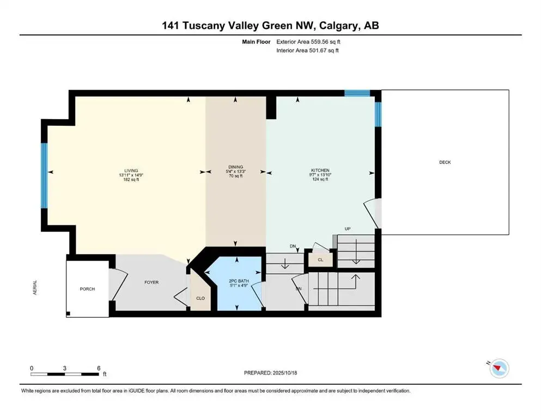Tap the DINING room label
pyautogui.click(x=235, y=167)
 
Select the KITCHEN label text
pyautogui.click(x=320, y=170)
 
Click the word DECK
pyautogui.click(x=445, y=162)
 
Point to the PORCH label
pyautogui.click(x=87, y=289)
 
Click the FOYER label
pyautogui.click(x=151, y=282)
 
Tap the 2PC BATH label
pyautogui.click(x=239, y=280)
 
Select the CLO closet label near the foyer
pyautogui.click(x=200, y=299)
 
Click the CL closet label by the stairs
pyautogui.click(x=320, y=260)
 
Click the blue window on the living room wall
pyautogui.click(x=45, y=175)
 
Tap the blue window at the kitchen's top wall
pyautogui.click(x=357, y=93)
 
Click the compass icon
pyautogui.click(x=499, y=368)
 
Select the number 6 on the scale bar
pyautogui.click(x=99, y=368)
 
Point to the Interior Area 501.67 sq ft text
pyautogui.click(x=308, y=51)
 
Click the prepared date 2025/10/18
pyautogui.click(x=286, y=373)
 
